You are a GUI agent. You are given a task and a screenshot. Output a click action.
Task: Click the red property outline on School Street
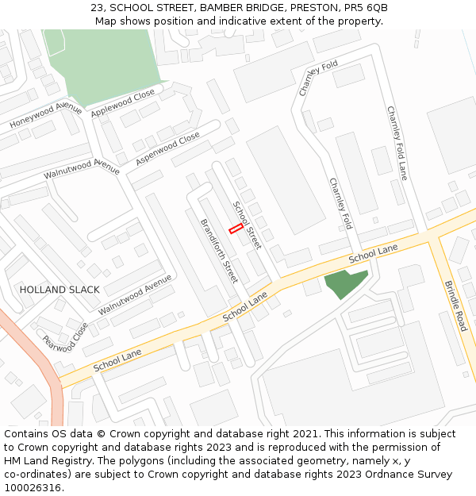pyautogui.click(x=236, y=229)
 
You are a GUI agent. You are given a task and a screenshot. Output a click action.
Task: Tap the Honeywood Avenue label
pyautogui.click(x=46, y=116)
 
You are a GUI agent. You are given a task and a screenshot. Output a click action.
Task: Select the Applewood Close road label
pyautogui.click(x=123, y=104)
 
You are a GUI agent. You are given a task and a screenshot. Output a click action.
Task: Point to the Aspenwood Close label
pyautogui.click(x=167, y=149)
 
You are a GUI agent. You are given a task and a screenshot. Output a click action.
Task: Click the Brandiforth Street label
pyautogui.click(x=219, y=251)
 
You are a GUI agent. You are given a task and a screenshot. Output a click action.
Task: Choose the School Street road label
pyautogui.click(x=246, y=225)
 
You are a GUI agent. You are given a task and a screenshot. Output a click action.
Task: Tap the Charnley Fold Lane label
pyautogui.click(x=397, y=143)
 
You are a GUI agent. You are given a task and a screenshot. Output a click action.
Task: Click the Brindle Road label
pyautogui.click(x=455, y=306)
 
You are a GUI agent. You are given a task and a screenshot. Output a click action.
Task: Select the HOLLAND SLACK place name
pyautogui.click(x=59, y=290)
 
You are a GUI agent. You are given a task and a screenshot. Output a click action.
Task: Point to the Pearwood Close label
pyautogui.click(x=65, y=336)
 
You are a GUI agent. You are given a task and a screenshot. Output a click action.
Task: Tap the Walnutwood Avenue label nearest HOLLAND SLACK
pyautogui.click(x=135, y=294)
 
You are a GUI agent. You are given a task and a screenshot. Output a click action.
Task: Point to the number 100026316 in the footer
pyautogui.click(x=33, y=488)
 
